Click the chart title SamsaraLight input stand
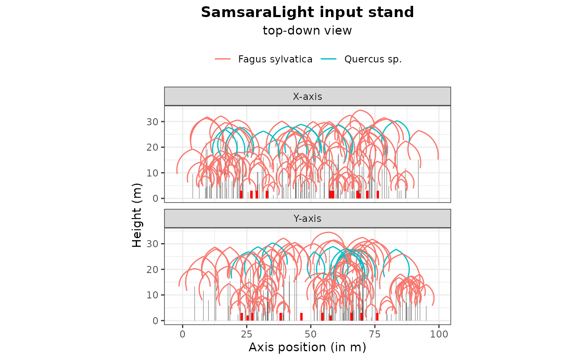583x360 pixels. coord(307,12)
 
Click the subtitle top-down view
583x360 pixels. coord(307,31)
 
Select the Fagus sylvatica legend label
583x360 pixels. coord(275,59)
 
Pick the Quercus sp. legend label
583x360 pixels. coord(373,59)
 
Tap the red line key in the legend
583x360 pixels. coord(223,59)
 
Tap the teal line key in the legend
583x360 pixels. coord(329,59)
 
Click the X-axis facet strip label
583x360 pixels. coord(307,97)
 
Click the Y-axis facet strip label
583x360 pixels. coord(307,218)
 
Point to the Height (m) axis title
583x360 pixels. coord(137,216)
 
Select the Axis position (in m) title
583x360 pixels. coord(307,347)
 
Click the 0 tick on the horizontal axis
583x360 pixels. coord(182,334)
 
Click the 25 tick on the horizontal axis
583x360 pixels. coord(247,334)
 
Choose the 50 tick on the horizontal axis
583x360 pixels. coord(311,334)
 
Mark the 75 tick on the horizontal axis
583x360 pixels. coord(375,334)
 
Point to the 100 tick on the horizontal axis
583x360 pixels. coord(439,334)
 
